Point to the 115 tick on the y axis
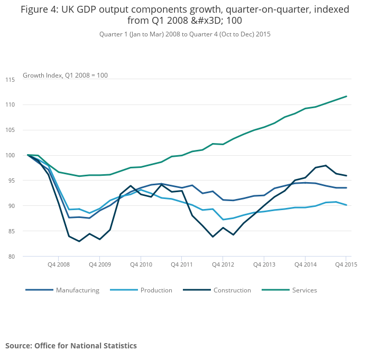(x=10, y=80)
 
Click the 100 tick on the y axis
(x=10, y=155)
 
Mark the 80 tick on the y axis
(x=10, y=257)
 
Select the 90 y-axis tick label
(x=10, y=206)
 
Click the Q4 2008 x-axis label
(x=59, y=264)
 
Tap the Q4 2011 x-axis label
(x=181, y=264)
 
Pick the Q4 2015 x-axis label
(x=346, y=264)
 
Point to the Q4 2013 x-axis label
(x=264, y=264)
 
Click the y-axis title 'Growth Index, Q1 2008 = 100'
(x=65, y=75)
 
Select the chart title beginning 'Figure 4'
(x=185, y=15)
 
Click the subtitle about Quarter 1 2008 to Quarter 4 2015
(x=185, y=34)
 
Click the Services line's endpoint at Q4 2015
(x=346, y=96)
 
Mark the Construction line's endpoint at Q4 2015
(x=346, y=176)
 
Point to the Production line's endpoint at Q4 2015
(x=346, y=205)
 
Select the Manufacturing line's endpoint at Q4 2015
(x=346, y=188)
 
